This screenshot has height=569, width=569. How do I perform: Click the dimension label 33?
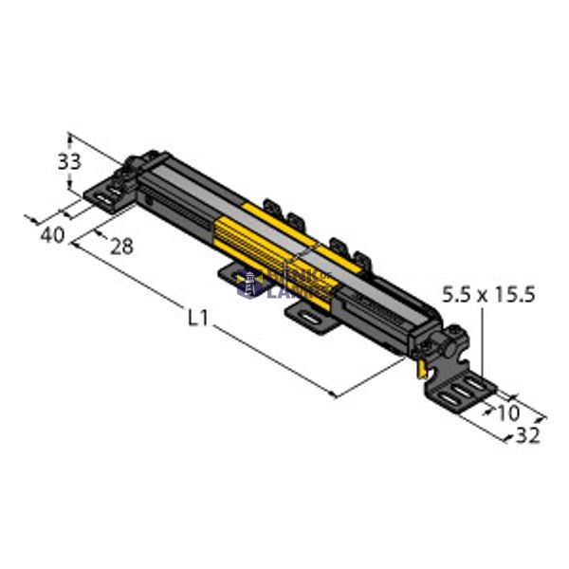[69, 161]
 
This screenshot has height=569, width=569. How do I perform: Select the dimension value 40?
[53, 233]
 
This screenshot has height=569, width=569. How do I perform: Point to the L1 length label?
[197, 319]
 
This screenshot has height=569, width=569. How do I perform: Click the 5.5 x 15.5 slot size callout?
[488, 295]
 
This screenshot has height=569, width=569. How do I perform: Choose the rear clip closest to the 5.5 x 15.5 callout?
[358, 253]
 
